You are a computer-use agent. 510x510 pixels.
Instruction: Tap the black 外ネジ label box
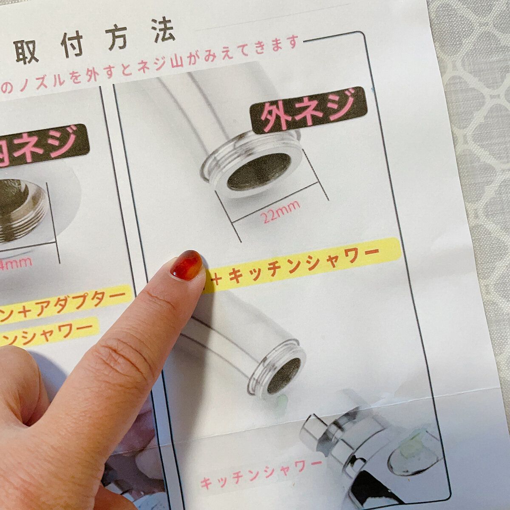tap(309, 109)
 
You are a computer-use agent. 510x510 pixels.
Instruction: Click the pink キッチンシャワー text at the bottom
tap(261, 472)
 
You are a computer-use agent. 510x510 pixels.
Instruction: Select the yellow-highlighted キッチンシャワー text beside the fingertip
tap(304, 265)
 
